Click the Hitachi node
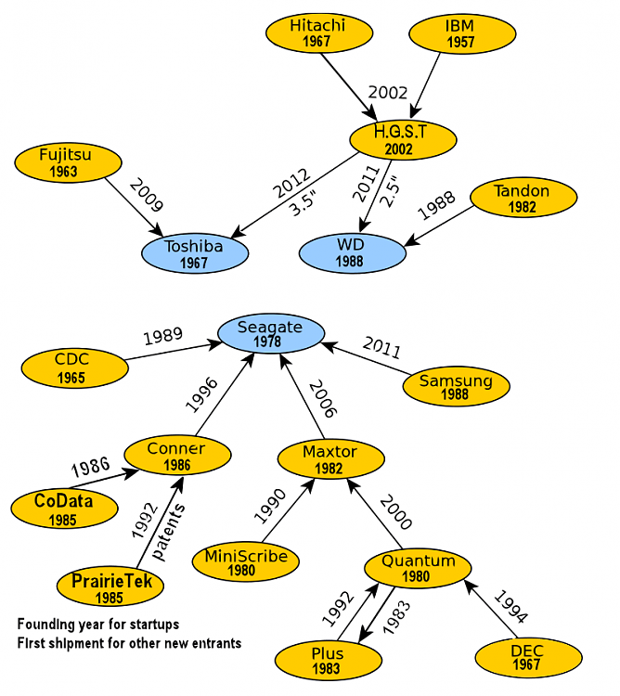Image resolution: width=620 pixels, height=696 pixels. pyautogui.click(x=317, y=33)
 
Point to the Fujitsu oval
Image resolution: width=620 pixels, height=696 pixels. pyautogui.click(x=65, y=162)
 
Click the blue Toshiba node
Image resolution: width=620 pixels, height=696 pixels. pyautogui.click(x=194, y=253)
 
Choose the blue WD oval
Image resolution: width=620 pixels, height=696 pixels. pyautogui.click(x=353, y=253)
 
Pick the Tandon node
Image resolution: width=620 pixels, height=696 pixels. pyautogui.click(x=522, y=199)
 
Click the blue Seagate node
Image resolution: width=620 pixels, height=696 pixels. pyautogui.click(x=270, y=334)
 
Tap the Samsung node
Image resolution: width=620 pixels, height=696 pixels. pyautogui.click(x=457, y=387)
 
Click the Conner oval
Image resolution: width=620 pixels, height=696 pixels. pyautogui.click(x=176, y=456)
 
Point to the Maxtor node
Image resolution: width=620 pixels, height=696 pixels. pyautogui.click(x=329, y=458)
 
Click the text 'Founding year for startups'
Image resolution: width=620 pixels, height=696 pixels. pyautogui.click(x=98, y=624)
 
